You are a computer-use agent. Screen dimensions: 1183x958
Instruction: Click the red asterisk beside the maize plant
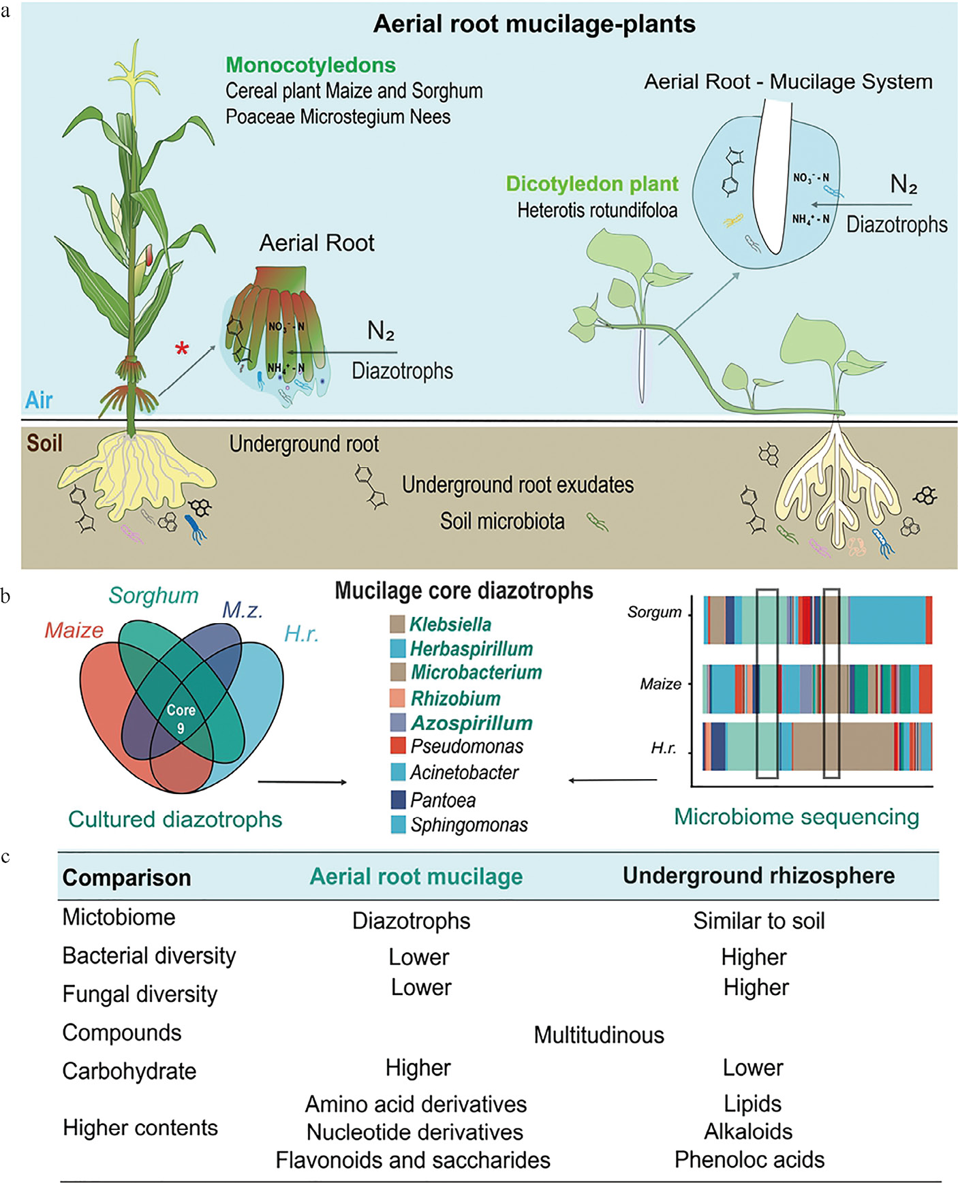181,349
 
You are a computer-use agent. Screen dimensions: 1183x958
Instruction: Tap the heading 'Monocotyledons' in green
311,65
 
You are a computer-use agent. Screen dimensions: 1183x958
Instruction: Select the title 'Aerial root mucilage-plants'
534,25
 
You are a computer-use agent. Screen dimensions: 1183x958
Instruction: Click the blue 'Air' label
39,400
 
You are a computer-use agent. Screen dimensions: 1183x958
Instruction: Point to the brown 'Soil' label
44,443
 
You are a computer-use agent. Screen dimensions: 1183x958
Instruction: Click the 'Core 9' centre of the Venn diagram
181,719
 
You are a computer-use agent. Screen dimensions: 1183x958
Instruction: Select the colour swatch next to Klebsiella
397,624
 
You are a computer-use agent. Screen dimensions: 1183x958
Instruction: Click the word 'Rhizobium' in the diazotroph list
455,698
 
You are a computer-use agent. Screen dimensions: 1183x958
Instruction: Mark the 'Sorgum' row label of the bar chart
654,612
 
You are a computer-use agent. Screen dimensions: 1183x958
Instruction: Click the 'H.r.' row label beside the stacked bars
663,748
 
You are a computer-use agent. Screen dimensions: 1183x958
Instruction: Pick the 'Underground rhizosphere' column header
758,876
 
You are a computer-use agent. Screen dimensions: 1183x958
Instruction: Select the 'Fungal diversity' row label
140,994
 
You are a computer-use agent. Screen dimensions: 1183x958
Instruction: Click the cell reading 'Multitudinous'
598,1035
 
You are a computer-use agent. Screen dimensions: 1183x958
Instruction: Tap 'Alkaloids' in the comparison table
748,1131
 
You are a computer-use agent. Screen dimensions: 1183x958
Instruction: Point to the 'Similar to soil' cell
758,921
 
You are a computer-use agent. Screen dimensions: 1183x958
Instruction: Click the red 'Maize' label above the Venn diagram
74,631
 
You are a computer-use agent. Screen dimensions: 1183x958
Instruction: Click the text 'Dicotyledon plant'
591,184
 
